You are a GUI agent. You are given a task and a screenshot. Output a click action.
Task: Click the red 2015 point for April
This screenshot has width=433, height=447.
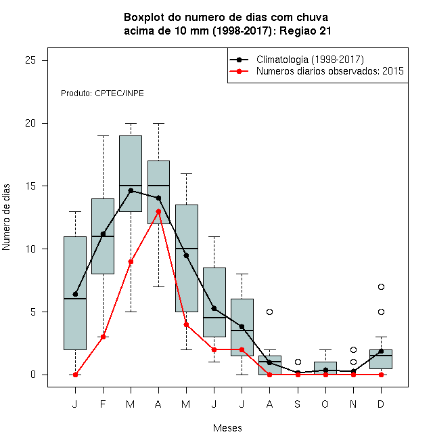[x=159, y=211]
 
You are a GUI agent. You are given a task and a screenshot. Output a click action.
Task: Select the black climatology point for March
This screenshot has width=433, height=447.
[x=131, y=190]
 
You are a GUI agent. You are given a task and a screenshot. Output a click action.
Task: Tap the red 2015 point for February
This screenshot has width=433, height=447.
[x=103, y=337]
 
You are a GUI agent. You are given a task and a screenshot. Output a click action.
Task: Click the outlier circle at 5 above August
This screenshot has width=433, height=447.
[x=269, y=312]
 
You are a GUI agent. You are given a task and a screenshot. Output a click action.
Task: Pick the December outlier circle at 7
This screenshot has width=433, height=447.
[x=381, y=286]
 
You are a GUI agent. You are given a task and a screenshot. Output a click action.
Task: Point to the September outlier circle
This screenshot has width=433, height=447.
[x=298, y=362]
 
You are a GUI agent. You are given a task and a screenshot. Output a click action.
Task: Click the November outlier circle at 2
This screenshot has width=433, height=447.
[x=354, y=349]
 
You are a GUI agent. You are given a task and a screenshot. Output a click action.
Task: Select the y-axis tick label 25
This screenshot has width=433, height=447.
[x=30, y=60]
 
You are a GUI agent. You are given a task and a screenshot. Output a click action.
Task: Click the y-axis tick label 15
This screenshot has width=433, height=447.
[x=30, y=186]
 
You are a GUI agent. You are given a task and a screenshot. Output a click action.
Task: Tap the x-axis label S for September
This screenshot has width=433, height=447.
[x=298, y=404]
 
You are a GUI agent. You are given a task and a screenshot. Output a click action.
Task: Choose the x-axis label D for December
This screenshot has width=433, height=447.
[x=381, y=404]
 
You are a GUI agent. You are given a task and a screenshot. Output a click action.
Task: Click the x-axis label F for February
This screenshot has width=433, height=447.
[x=103, y=404]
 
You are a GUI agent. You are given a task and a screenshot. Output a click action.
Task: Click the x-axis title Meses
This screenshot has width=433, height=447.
[x=227, y=428]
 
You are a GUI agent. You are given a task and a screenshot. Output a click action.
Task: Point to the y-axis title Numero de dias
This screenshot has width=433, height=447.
[x=6, y=217]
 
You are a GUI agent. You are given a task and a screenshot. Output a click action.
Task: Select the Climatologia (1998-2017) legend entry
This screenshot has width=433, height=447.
[x=297, y=60]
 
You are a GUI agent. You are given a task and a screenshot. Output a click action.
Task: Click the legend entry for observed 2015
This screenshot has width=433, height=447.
[x=317, y=71]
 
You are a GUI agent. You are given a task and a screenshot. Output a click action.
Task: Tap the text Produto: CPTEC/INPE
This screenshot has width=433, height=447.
[x=102, y=93]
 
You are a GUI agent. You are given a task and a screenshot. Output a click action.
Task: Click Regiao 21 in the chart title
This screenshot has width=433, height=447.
[x=305, y=30]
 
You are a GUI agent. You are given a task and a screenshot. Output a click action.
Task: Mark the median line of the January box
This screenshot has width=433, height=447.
[x=75, y=299]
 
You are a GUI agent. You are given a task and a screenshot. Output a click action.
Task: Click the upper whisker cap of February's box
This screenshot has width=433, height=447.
[x=103, y=136]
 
